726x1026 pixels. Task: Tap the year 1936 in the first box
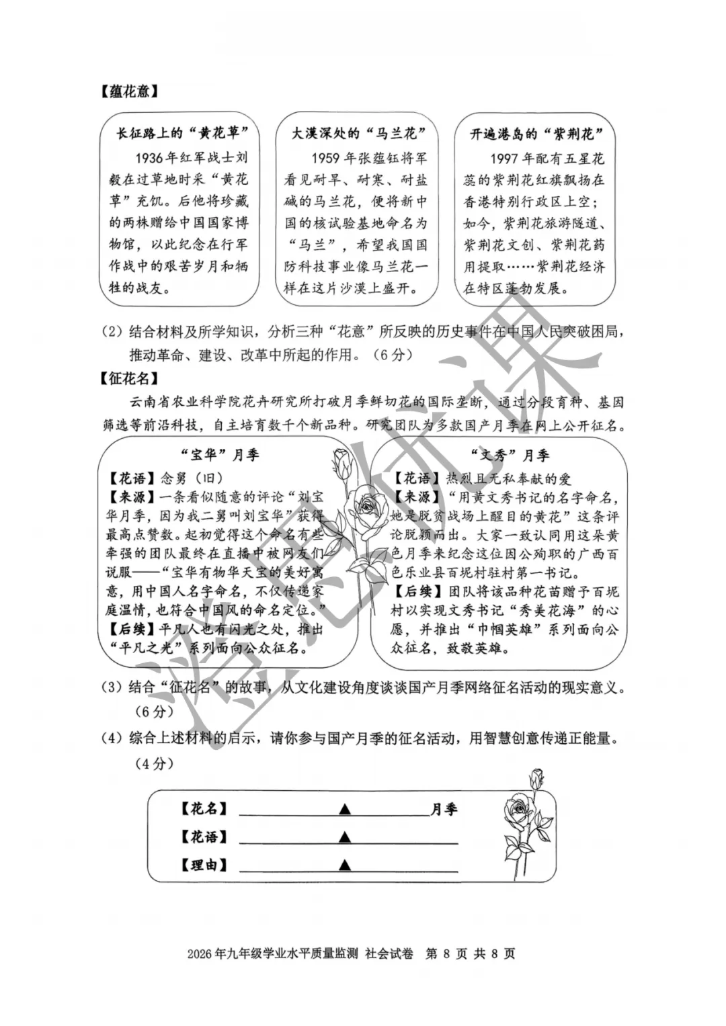[x=150, y=158]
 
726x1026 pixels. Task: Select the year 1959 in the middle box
[x=325, y=159]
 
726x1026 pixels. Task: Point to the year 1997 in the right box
[x=503, y=159]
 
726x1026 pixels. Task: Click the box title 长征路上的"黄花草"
[x=179, y=133]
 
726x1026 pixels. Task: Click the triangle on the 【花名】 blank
[x=345, y=809]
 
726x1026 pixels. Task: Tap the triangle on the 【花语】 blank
[x=345, y=837]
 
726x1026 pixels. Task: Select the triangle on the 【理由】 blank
[x=345, y=865]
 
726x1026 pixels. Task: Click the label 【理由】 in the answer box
[x=204, y=865]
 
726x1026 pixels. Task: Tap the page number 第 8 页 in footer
[x=446, y=953]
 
